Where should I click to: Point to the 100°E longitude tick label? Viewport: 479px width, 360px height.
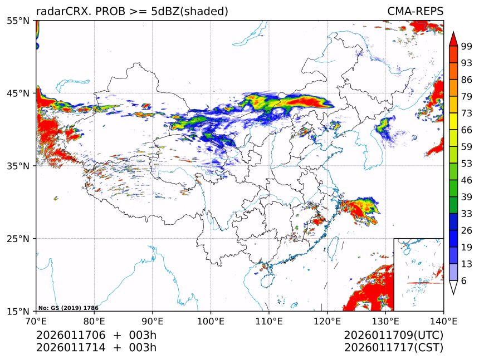pos(211,320)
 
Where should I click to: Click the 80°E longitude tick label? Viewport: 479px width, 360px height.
pos(94,320)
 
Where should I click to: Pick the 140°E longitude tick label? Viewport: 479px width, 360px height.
pos(443,320)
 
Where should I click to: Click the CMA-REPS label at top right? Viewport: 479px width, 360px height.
pos(416,12)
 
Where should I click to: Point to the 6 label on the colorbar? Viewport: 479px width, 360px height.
pos(464,281)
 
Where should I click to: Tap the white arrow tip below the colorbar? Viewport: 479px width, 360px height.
pos(453,288)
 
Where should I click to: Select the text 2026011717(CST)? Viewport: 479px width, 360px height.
pos(393,348)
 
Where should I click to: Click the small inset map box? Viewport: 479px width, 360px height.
pos(418,274)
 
